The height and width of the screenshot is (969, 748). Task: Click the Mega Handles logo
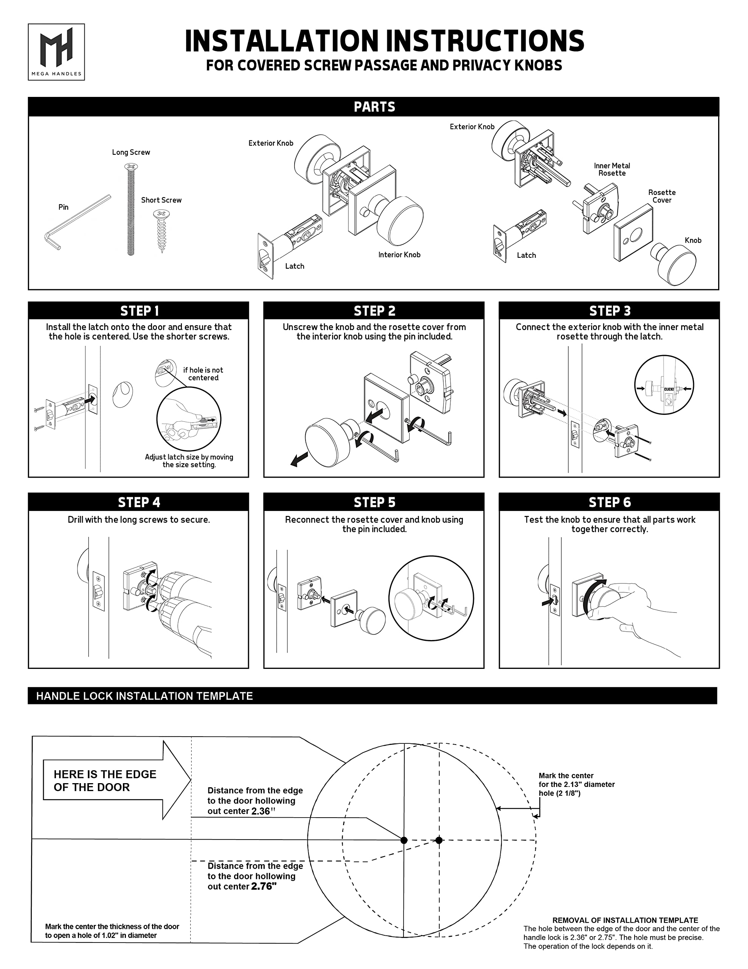(56, 52)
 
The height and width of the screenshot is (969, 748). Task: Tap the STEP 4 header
(139, 502)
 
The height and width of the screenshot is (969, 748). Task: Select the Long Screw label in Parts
(131, 152)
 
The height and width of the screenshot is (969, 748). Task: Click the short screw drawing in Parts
(161, 231)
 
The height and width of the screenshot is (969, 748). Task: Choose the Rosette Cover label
(661, 196)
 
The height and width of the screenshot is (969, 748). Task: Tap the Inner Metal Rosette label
(612, 170)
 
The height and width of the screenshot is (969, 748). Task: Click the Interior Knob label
(399, 255)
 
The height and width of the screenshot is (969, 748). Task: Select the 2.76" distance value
(264, 887)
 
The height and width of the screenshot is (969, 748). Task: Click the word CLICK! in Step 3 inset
(669, 389)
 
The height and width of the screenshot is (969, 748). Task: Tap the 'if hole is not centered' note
(203, 374)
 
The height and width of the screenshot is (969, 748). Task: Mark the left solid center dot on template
(404, 840)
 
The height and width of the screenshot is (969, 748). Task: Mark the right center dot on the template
(439, 840)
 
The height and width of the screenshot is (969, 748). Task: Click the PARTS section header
(374, 107)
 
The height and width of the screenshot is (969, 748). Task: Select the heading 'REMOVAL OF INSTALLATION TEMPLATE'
(625, 920)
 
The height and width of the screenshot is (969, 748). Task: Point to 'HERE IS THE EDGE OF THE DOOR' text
(105, 780)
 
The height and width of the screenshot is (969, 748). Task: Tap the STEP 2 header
(374, 311)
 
